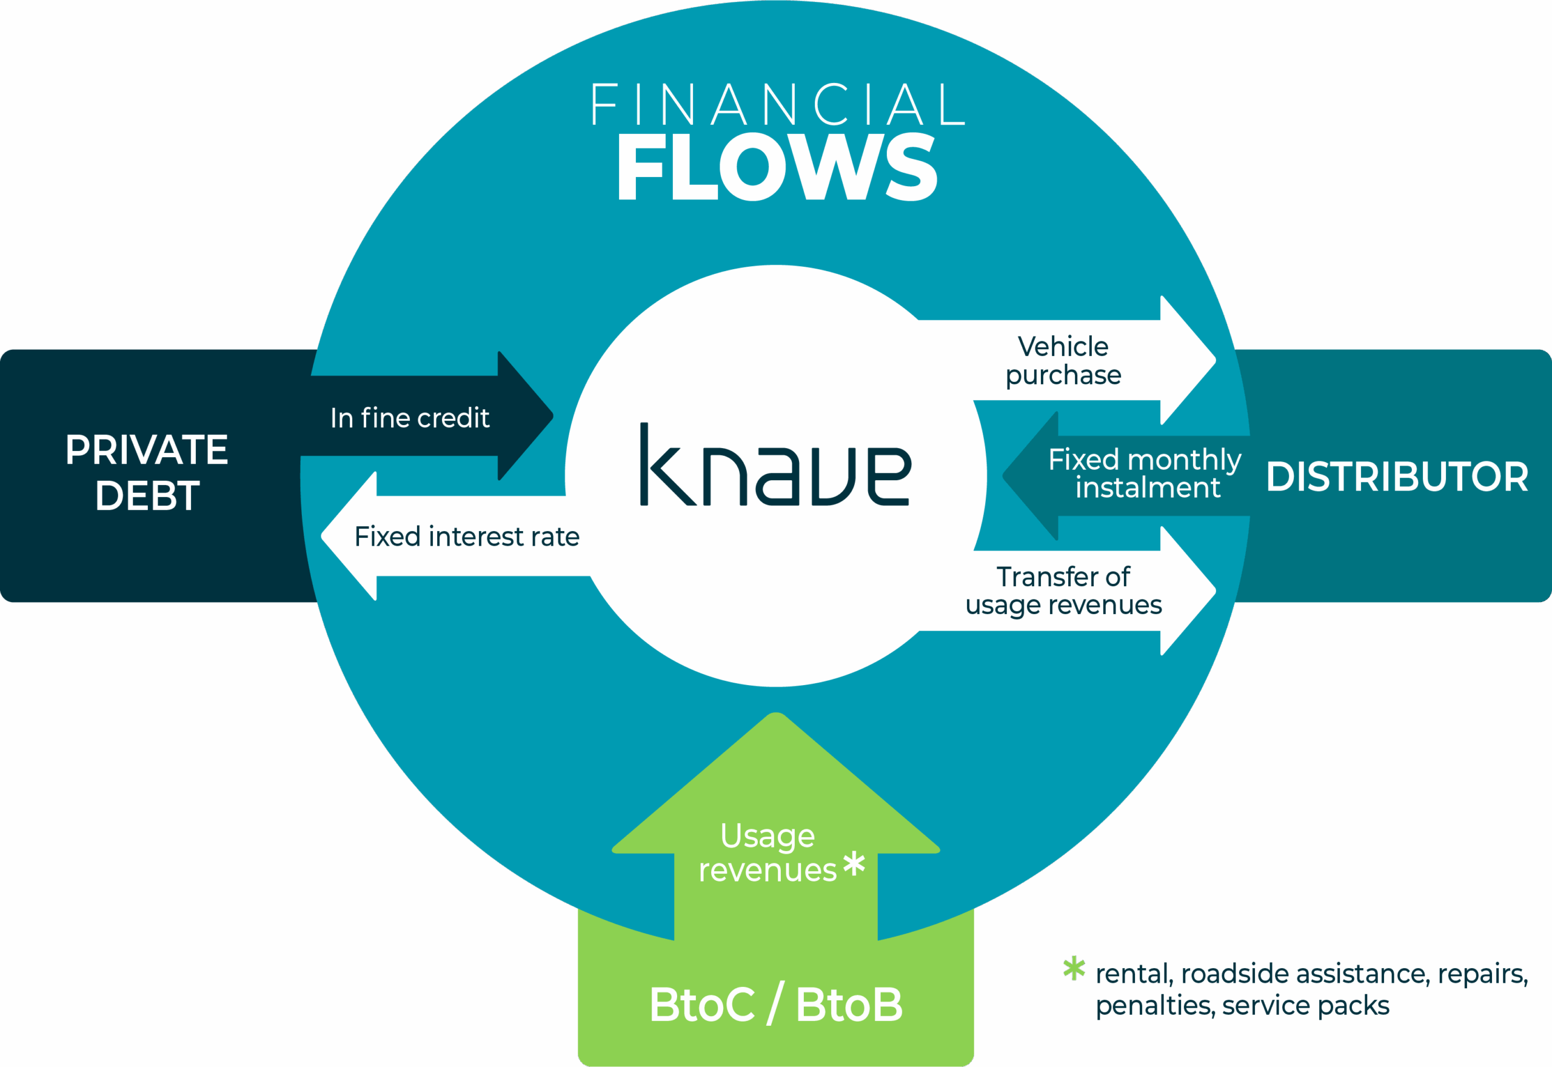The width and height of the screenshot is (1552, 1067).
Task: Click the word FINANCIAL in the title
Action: (777, 105)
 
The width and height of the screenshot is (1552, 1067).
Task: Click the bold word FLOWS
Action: (777, 167)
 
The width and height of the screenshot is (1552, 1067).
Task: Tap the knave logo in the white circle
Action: (775, 467)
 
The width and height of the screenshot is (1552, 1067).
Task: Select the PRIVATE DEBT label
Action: (147, 472)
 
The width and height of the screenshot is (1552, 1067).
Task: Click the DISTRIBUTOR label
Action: (1397, 477)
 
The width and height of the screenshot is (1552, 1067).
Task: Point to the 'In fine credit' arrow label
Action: (410, 418)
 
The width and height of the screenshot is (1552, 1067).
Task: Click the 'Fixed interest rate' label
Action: (467, 536)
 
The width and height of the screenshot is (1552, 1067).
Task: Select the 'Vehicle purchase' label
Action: (1063, 361)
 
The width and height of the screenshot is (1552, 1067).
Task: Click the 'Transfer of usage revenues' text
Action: (1063, 591)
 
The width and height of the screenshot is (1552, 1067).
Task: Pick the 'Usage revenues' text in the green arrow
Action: (768, 853)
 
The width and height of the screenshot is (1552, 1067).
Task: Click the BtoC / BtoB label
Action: (775, 1005)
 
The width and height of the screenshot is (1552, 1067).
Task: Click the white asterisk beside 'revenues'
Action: (854, 864)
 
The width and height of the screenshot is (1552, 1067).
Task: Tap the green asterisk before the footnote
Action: (1074, 968)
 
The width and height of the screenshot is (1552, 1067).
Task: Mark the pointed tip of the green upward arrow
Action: (776, 715)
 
